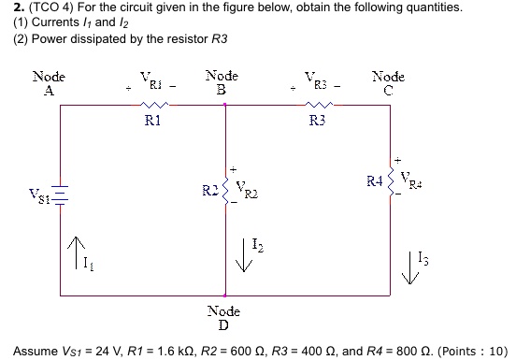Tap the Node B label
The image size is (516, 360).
tap(222, 81)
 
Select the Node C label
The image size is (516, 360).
tap(388, 82)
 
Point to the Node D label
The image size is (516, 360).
tap(222, 317)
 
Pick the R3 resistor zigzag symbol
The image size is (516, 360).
tap(317, 105)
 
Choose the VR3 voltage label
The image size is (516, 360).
tap(317, 80)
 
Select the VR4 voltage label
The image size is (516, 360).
tap(409, 178)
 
